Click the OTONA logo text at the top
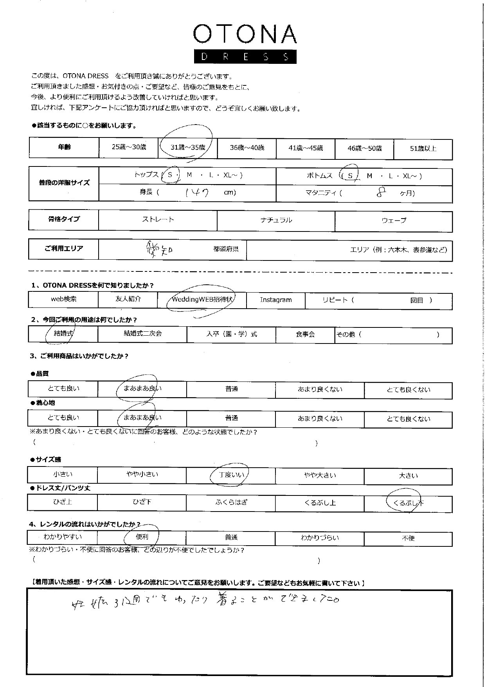click(245, 35)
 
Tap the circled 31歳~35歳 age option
click(188, 148)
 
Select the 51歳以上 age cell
click(423, 149)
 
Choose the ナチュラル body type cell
click(276, 220)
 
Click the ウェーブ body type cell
click(394, 221)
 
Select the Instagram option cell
click(276, 300)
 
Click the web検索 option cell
click(64, 299)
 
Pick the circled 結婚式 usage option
click(64, 334)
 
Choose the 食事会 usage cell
click(305, 334)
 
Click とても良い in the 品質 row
click(63, 389)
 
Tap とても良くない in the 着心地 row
click(408, 419)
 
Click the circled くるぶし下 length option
click(408, 503)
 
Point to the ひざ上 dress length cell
click(63, 502)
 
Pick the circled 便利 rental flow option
click(142, 537)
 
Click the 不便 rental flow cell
click(408, 539)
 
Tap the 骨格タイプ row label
click(64, 219)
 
